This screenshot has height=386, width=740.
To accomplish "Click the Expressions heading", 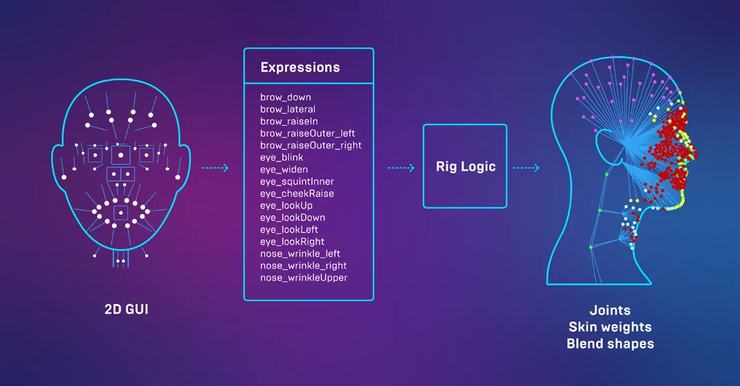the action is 300,68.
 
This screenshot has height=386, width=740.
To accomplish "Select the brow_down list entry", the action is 285,97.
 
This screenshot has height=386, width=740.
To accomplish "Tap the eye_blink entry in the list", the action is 282,157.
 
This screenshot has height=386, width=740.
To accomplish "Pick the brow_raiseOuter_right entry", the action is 311,145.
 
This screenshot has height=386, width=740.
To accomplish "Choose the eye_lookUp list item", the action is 286,206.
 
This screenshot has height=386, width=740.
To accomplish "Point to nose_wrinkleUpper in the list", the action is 303,278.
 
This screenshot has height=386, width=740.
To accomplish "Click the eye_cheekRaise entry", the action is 297,194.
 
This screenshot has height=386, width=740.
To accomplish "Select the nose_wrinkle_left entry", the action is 300,254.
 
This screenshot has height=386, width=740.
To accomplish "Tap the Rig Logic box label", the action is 465,166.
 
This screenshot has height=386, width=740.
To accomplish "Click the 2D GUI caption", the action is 127,309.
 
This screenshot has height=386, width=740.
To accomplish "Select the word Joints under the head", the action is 610,310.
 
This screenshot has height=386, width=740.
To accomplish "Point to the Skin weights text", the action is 610,327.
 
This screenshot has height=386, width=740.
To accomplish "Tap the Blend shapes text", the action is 610,344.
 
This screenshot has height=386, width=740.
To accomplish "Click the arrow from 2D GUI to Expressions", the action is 215,168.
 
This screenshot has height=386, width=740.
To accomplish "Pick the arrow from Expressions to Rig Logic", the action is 401,168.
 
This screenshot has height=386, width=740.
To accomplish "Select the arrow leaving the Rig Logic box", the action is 526,168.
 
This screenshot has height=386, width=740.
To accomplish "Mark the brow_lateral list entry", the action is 288,110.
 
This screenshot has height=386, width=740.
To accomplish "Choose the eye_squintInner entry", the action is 297,181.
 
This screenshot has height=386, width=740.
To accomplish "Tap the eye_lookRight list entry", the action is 292,242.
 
